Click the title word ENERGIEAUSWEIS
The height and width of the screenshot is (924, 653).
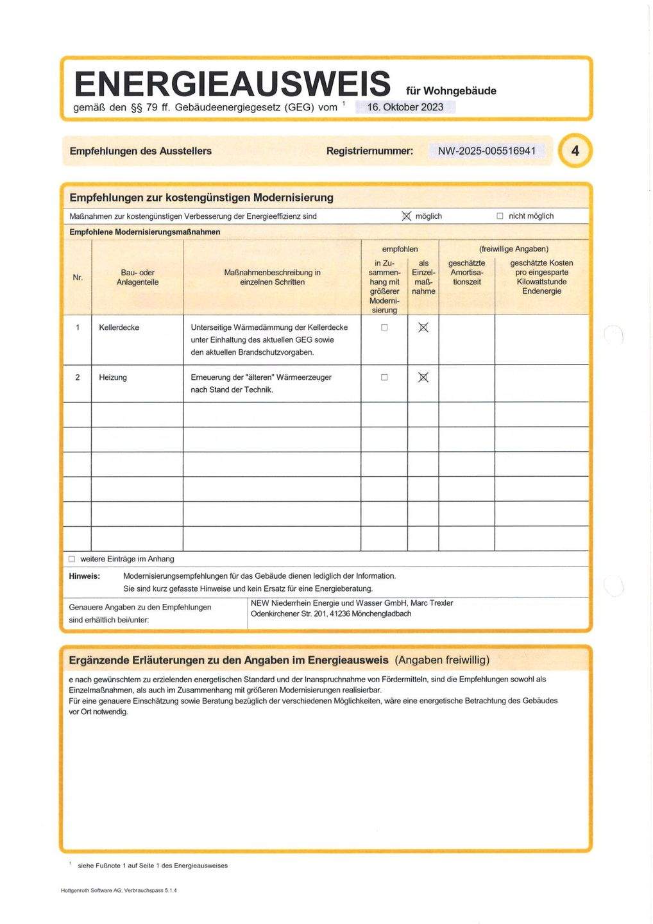point(232,85)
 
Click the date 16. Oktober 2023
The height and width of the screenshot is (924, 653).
point(405,107)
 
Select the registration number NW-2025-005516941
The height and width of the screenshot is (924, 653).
point(486,151)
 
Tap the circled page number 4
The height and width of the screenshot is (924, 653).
point(575,151)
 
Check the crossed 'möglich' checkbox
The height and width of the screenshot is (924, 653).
point(406,216)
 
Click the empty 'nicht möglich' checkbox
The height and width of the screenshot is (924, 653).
point(500,216)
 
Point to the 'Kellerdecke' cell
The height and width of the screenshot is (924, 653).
point(119,327)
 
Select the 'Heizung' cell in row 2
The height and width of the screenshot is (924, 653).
point(113,377)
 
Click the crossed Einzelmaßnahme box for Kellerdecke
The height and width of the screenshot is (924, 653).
point(423,328)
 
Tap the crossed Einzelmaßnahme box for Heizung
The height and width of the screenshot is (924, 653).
point(423,377)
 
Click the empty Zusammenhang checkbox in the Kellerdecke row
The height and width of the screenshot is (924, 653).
point(384,327)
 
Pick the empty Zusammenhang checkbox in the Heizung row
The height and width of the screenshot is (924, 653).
point(384,377)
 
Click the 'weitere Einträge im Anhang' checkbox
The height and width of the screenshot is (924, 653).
point(72,559)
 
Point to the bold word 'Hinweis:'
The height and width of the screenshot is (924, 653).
point(85,576)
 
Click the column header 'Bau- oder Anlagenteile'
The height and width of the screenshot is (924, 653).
point(137,277)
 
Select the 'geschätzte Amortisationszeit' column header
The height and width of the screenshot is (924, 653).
point(466,272)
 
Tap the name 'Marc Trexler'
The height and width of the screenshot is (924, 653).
point(432,603)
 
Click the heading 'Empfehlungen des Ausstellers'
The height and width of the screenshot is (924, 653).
point(140,151)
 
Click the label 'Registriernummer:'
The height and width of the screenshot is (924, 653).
point(369,151)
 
